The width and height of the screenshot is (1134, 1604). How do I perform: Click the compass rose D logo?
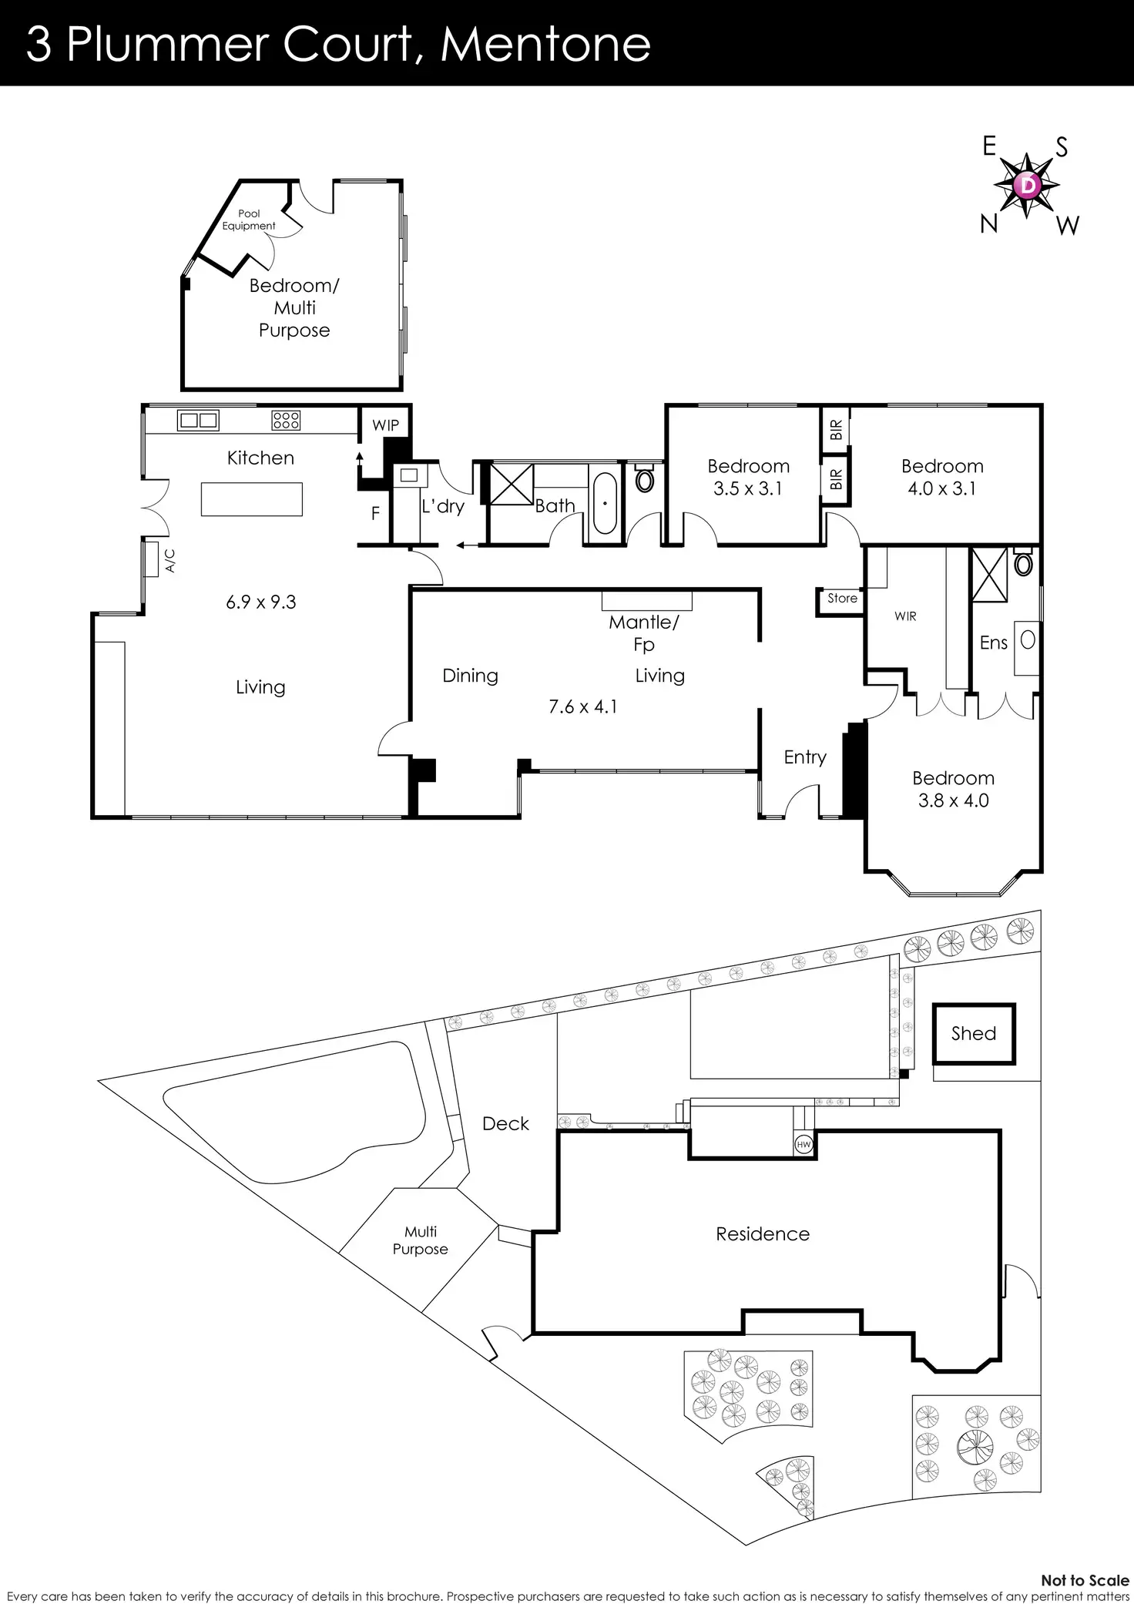1027,185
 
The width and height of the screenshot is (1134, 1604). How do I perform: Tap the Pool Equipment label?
249,220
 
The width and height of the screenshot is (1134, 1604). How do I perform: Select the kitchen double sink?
198,420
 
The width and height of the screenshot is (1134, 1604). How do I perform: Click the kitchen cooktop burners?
286,420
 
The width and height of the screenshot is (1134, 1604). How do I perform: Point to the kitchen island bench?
252,499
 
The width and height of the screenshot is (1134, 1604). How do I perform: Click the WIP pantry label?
385,425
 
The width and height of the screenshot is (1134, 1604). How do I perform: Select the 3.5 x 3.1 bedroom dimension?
747,488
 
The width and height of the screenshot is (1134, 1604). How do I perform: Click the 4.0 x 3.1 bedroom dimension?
941,488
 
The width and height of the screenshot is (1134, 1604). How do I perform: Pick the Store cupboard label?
842,598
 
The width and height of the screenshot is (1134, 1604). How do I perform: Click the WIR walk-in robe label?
905,616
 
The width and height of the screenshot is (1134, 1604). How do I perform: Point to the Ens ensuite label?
993,643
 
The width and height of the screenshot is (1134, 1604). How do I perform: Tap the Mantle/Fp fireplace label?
644,633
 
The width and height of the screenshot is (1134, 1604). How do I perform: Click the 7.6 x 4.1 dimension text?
582,706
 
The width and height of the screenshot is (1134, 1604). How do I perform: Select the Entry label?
805,757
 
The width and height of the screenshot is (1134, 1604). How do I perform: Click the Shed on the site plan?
974,1033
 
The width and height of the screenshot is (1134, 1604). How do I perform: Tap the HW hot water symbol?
804,1145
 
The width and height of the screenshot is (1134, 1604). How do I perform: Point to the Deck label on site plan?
505,1123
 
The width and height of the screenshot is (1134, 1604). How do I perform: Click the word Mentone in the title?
545,45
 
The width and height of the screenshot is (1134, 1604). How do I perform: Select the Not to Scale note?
1084,1580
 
